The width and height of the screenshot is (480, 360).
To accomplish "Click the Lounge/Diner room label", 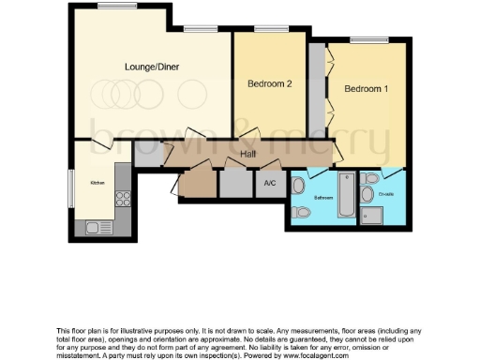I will coord(151,67).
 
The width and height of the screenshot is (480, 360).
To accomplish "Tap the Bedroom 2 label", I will coord(270,84).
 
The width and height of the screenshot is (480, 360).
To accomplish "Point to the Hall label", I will coord(248,154).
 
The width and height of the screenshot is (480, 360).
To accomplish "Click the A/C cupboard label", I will coord(269,184).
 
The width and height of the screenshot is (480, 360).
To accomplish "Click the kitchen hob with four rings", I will coord(121,198).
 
